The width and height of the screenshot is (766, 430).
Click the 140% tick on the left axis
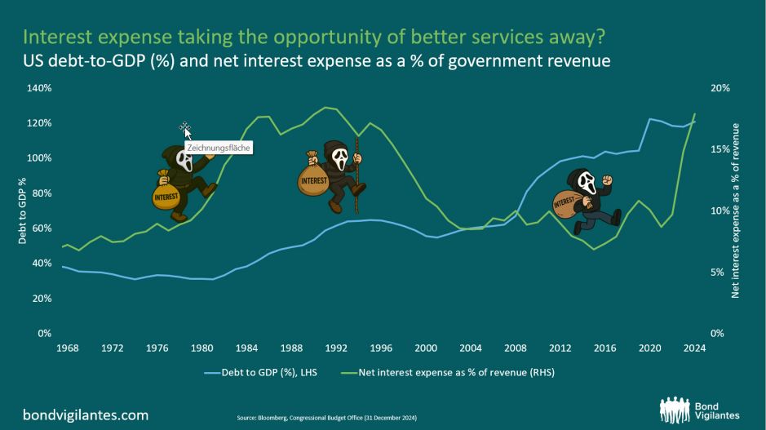click(x=38, y=88)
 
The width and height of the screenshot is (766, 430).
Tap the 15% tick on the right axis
click(x=720, y=149)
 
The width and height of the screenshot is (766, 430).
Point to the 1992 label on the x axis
click(x=336, y=348)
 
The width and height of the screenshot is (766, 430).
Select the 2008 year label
click(x=516, y=348)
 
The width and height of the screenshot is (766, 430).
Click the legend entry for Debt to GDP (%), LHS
click(x=261, y=372)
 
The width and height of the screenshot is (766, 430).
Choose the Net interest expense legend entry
click(x=448, y=372)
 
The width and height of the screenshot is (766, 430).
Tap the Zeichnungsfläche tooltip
click(x=219, y=148)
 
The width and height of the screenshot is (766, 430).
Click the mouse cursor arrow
click(x=188, y=133)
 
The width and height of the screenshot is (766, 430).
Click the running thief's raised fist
click(x=607, y=180)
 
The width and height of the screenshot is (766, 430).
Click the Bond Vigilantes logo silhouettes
click(x=675, y=410)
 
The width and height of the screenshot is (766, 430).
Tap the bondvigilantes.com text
click(x=86, y=415)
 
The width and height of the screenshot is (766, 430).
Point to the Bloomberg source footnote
click(x=327, y=418)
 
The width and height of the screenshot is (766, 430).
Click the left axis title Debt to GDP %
click(x=22, y=211)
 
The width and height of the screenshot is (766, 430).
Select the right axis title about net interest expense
click(x=735, y=211)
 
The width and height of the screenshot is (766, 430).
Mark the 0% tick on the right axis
click(x=717, y=333)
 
